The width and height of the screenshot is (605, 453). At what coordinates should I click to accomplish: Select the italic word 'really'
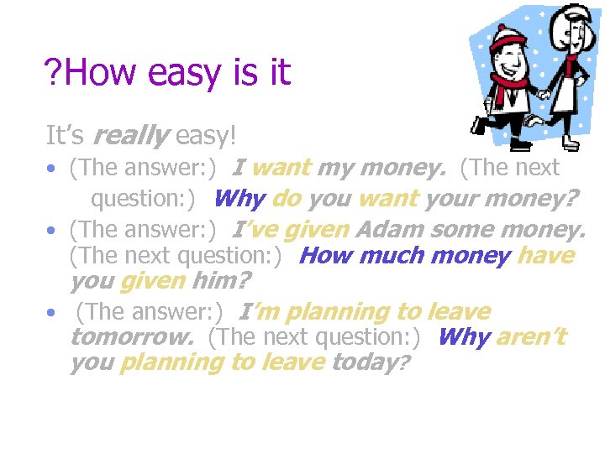coord(129,134)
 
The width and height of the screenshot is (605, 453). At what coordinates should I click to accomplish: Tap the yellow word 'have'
coord(545,255)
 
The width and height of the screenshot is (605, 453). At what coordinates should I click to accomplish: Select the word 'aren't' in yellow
coord(532,337)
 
